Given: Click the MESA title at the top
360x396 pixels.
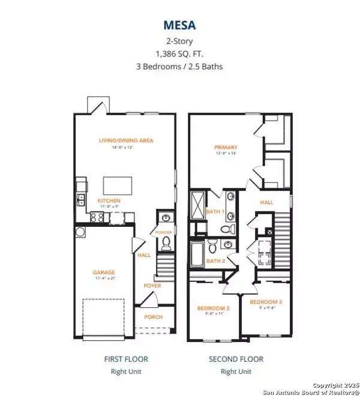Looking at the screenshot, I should (180, 26).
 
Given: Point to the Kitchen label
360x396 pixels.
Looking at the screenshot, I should (109, 200).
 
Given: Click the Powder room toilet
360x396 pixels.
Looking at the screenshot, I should (167, 243).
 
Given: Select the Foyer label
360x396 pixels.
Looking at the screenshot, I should (152, 286).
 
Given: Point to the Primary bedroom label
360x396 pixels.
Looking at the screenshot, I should (226, 147).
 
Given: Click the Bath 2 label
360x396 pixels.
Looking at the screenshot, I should (215, 261).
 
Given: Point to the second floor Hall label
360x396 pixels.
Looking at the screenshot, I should (267, 203).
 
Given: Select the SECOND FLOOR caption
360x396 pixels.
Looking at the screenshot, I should (236, 359).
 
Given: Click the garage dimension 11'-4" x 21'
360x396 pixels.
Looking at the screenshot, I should (104, 278).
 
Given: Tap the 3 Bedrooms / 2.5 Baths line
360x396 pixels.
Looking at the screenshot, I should (180, 66).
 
